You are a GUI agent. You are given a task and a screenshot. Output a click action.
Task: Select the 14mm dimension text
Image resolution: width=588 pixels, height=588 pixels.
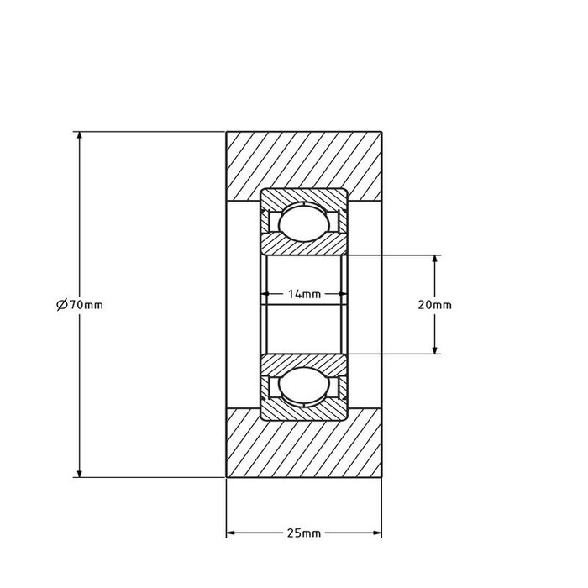click(x=304, y=294)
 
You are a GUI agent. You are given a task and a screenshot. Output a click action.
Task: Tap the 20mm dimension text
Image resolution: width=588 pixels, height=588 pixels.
click(x=434, y=305)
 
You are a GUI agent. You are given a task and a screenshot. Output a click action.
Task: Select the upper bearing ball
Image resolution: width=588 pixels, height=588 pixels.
click(x=304, y=222)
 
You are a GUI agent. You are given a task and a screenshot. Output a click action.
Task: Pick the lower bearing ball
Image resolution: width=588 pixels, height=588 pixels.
click(x=304, y=388)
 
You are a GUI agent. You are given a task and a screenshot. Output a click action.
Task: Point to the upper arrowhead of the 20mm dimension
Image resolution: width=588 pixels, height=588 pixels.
click(x=434, y=260)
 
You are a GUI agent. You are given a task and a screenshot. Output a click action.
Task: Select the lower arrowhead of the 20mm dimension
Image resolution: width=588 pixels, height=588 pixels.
click(x=434, y=348)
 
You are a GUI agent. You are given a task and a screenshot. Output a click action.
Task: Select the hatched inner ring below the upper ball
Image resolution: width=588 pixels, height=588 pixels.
click(x=304, y=245)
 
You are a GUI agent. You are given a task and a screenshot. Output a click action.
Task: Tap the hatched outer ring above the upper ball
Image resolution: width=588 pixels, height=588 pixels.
click(x=304, y=196)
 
